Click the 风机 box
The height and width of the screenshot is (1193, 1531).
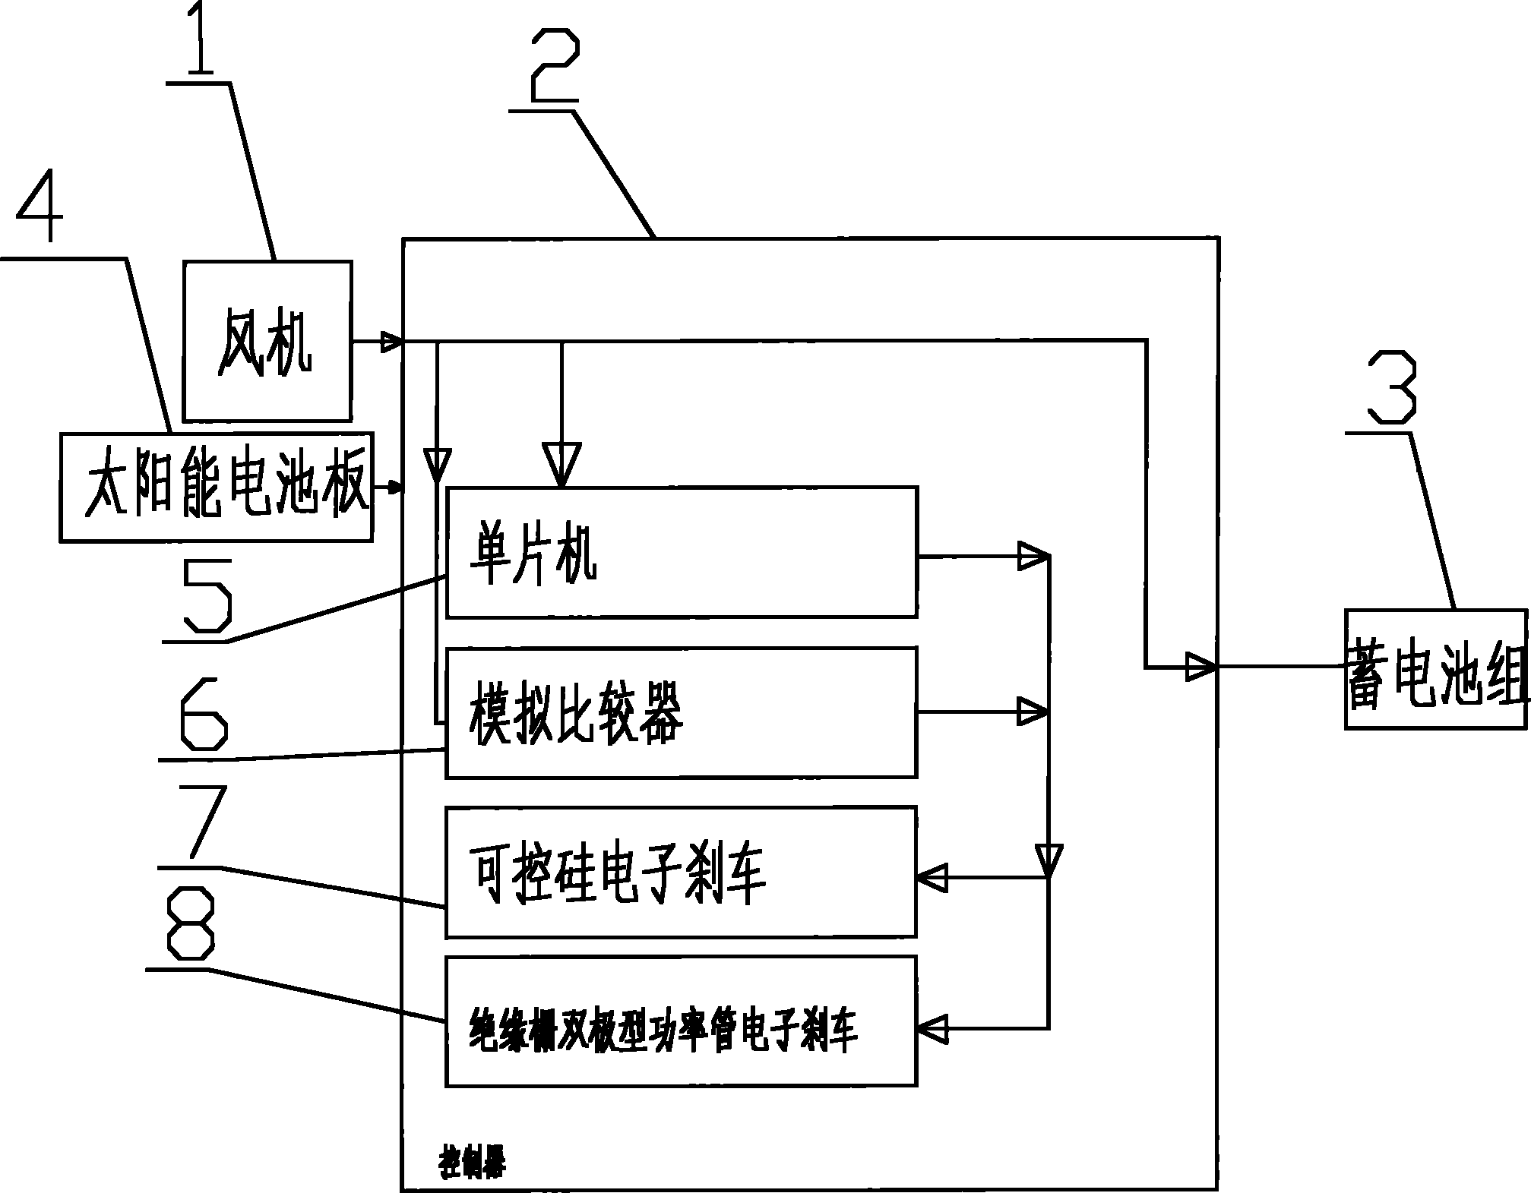[x=267, y=341]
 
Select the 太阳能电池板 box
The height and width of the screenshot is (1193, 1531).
[x=217, y=487]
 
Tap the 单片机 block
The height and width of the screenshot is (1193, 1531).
[x=682, y=551]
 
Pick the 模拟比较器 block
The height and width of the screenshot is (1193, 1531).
[x=682, y=712]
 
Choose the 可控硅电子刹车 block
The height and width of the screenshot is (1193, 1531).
[x=682, y=872]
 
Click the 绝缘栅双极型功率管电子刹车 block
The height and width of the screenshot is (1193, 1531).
[x=682, y=1021]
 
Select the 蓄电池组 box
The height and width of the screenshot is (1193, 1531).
[x=1436, y=669]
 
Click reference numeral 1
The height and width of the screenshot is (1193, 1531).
[x=199, y=38]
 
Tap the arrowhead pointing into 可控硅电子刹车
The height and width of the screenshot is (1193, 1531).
[x=933, y=878]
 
